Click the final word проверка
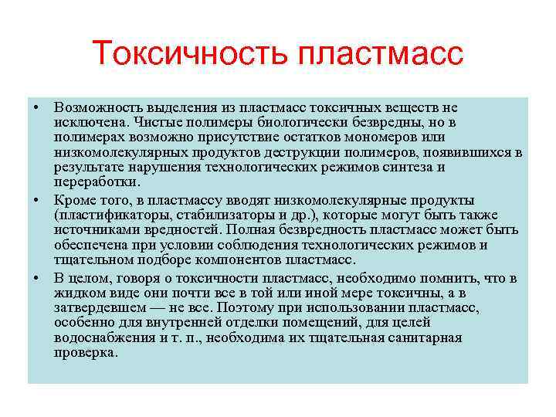click(x=86, y=352)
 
